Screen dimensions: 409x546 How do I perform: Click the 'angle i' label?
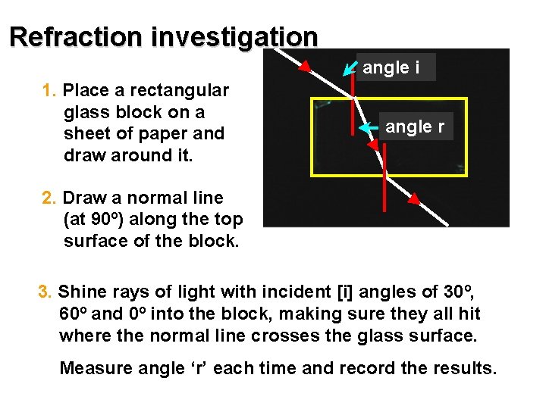tap(391, 67)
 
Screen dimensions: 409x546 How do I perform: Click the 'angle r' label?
tap(415, 126)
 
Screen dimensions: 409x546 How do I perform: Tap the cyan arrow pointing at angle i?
tap(350, 69)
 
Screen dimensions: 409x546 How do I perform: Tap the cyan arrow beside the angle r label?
tap(369, 128)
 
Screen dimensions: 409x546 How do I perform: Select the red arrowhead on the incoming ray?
tap(303, 67)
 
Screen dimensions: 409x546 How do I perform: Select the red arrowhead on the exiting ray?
tap(414, 200)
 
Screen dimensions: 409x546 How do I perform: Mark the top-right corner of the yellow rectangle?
tap(466, 99)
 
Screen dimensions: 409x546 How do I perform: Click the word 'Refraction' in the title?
tap(76, 36)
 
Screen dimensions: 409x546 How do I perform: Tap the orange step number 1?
tap(49, 91)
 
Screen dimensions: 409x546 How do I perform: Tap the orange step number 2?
tap(49, 198)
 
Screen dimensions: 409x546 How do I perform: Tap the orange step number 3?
tap(45, 292)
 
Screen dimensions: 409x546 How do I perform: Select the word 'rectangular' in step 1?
tap(180, 91)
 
